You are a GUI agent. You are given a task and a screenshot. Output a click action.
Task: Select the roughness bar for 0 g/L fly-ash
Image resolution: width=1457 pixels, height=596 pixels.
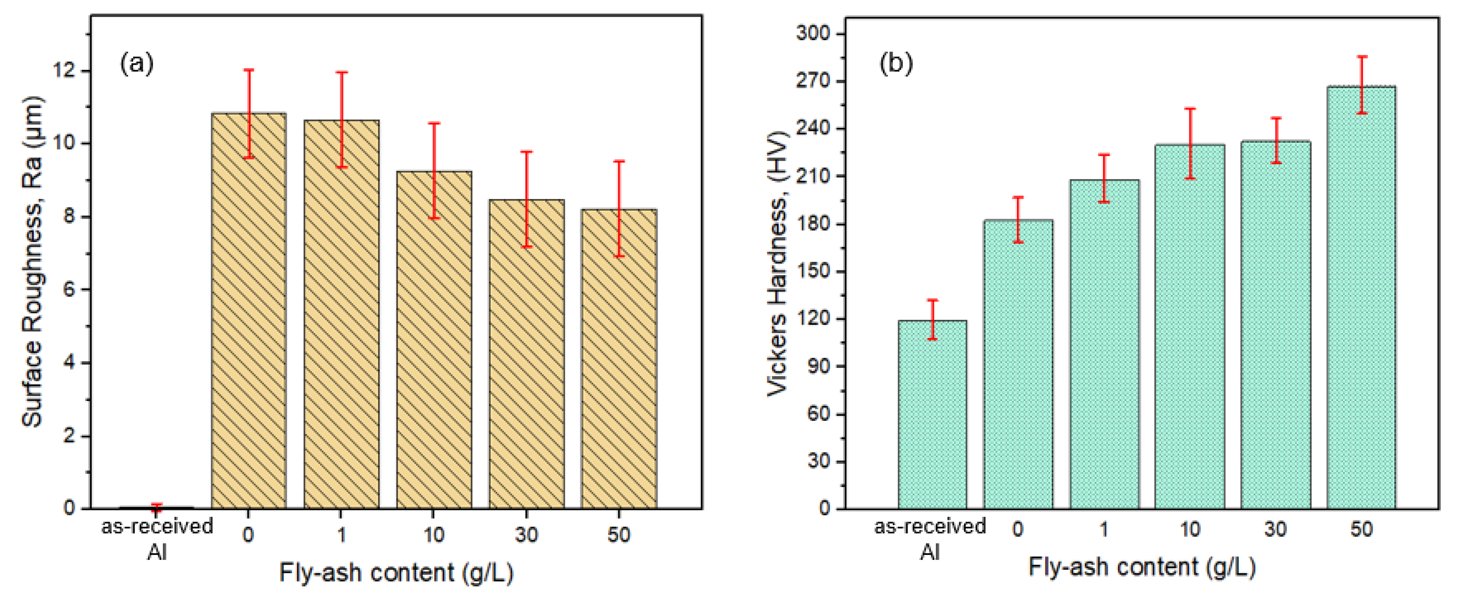249,311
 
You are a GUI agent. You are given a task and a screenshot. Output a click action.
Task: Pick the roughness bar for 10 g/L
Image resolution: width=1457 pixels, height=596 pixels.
434,339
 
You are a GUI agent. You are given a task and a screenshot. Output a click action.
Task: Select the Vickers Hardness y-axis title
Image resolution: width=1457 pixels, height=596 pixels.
778,263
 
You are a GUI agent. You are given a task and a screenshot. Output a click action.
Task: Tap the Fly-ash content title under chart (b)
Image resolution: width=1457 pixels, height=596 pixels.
1142,567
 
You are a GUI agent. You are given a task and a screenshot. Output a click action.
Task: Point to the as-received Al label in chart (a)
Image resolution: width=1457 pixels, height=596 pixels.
157,538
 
